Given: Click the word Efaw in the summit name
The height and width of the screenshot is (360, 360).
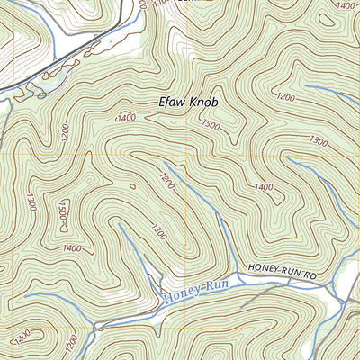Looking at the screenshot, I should (173, 103).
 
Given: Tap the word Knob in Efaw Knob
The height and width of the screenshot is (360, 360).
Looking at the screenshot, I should (204, 103).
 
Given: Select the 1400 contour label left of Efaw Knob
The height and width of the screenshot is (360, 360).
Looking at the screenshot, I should (125, 118).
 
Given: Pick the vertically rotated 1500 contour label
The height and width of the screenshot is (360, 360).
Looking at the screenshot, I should (63, 214).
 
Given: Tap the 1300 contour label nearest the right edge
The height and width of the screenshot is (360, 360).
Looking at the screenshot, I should (318, 140).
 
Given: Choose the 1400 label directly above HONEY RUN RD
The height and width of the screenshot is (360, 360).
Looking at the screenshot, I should (264, 186).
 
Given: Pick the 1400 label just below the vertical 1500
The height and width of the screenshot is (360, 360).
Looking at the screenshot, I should (72, 247).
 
